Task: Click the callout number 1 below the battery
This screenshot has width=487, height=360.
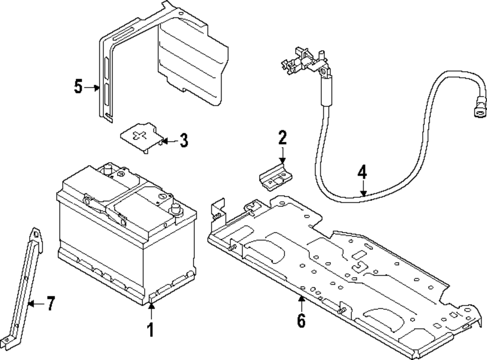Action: point(150,330)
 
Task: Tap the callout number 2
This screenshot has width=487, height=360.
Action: point(282,138)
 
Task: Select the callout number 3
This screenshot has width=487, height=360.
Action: point(183,141)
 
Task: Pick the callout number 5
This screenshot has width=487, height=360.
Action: point(79,87)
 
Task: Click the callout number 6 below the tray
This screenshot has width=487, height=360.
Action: point(301,321)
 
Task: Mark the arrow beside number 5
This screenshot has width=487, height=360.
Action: point(93,88)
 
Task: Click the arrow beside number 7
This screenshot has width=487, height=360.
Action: point(32,304)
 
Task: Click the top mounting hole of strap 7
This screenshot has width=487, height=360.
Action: point(36,235)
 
